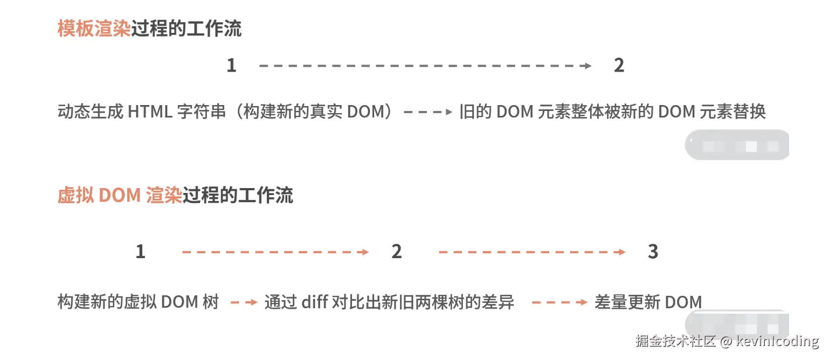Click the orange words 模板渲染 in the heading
point(94,29)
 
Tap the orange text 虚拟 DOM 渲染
point(119,195)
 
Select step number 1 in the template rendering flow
point(231,66)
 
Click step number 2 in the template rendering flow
point(619,66)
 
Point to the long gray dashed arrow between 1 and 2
point(425,66)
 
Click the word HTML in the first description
point(150,112)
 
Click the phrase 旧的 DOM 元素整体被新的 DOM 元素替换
point(612,112)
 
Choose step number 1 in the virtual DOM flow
point(140,252)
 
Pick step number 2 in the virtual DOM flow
point(397,252)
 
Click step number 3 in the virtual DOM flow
point(653,252)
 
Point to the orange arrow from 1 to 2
point(275,252)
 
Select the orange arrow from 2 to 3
point(531,252)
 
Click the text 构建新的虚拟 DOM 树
point(138,302)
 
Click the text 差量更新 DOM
point(648,302)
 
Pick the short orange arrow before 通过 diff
point(244,302)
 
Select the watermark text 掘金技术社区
point(675,341)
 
